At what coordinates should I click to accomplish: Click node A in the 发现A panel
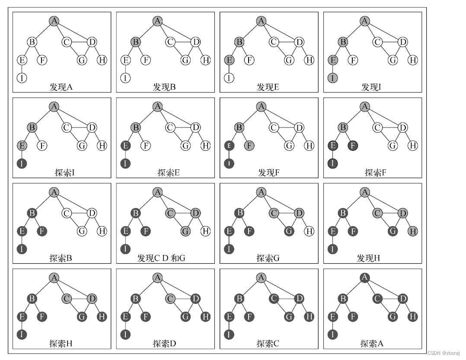pyautogui.click(x=54, y=21)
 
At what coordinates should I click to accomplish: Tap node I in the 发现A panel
pyautogui.click(x=22, y=78)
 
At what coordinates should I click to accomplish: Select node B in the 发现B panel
pyautogui.click(x=136, y=42)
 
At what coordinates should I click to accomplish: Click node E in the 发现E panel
pyautogui.click(x=229, y=60)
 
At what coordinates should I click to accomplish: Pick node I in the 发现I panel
pyautogui.click(x=333, y=78)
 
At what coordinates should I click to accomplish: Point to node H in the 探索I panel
pyautogui.click(x=102, y=146)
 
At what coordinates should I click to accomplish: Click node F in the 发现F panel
pyautogui.click(x=249, y=146)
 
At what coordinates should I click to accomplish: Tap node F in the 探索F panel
pyautogui.click(x=353, y=146)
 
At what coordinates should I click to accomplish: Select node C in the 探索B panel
pyautogui.click(x=67, y=213)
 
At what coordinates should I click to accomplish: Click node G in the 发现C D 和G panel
pyautogui.click(x=185, y=231)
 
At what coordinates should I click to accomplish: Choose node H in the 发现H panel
pyautogui.click(x=413, y=231)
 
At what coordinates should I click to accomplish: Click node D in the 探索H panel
pyautogui.click(x=92, y=299)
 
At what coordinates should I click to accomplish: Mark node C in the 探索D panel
pyautogui.click(x=170, y=299)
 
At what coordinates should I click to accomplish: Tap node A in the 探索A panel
pyautogui.click(x=365, y=277)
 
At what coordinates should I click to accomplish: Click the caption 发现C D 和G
pyautogui.click(x=161, y=258)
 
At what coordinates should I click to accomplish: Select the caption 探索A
pyautogui.click(x=372, y=344)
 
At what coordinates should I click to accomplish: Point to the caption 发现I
pyautogui.click(x=371, y=87)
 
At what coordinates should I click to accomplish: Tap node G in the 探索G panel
pyautogui.click(x=289, y=231)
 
